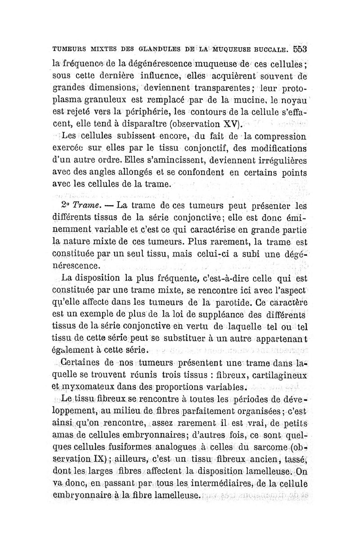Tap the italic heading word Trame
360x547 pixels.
pos(86,205)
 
